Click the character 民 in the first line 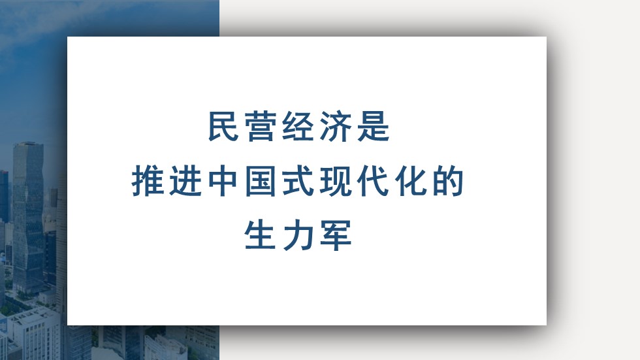pos(223,127)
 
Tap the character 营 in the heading pos(261,127)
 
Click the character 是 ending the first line pos(374,127)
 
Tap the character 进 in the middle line pos(185,181)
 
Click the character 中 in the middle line pos(223,181)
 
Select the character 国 pos(261,181)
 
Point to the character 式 pos(298,181)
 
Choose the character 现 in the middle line pos(336,181)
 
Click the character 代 pos(374,181)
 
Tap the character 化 pos(411,181)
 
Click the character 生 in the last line pos(261,235)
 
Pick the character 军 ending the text pos(336,235)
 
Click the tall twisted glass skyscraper pos(27,216)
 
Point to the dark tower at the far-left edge pos(4,196)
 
